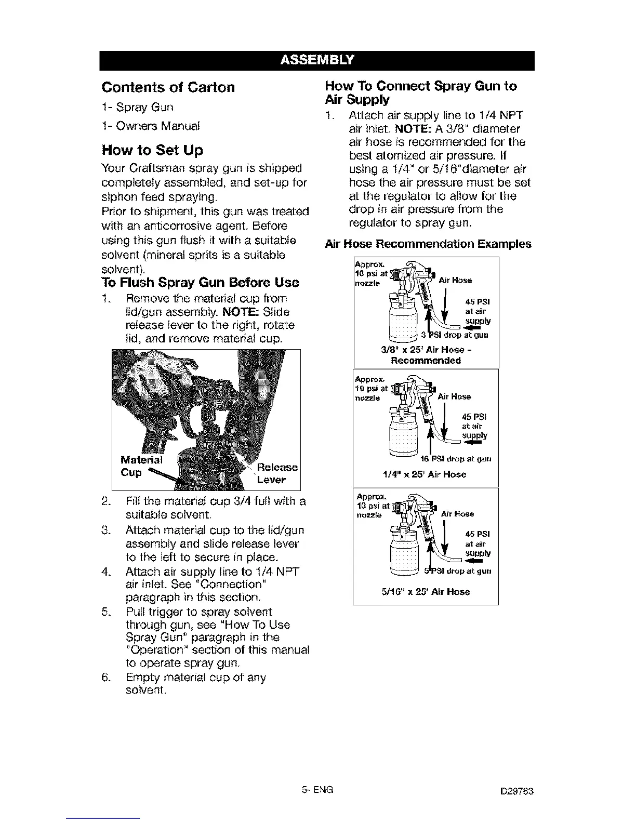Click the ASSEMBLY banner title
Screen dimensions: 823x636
pyautogui.click(x=317, y=60)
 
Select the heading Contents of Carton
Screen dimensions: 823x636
pyautogui.click(x=168, y=87)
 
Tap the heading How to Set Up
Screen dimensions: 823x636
pyautogui.click(x=152, y=150)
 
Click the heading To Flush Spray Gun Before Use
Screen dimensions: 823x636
pyautogui.click(x=200, y=283)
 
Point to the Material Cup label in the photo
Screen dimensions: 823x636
pyautogui.click(x=140, y=466)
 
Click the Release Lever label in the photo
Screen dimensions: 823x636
pyautogui.click(x=277, y=473)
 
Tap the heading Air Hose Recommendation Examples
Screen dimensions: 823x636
pyautogui.click(x=428, y=244)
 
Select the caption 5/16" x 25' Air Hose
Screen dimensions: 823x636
pyautogui.click(x=426, y=591)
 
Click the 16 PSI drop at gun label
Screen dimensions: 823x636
pyautogui.click(x=455, y=459)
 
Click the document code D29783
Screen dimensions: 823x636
pyautogui.click(x=518, y=791)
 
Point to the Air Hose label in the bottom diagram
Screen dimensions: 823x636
pyautogui.click(x=457, y=514)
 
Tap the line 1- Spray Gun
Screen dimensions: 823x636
pyautogui.click(x=138, y=107)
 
